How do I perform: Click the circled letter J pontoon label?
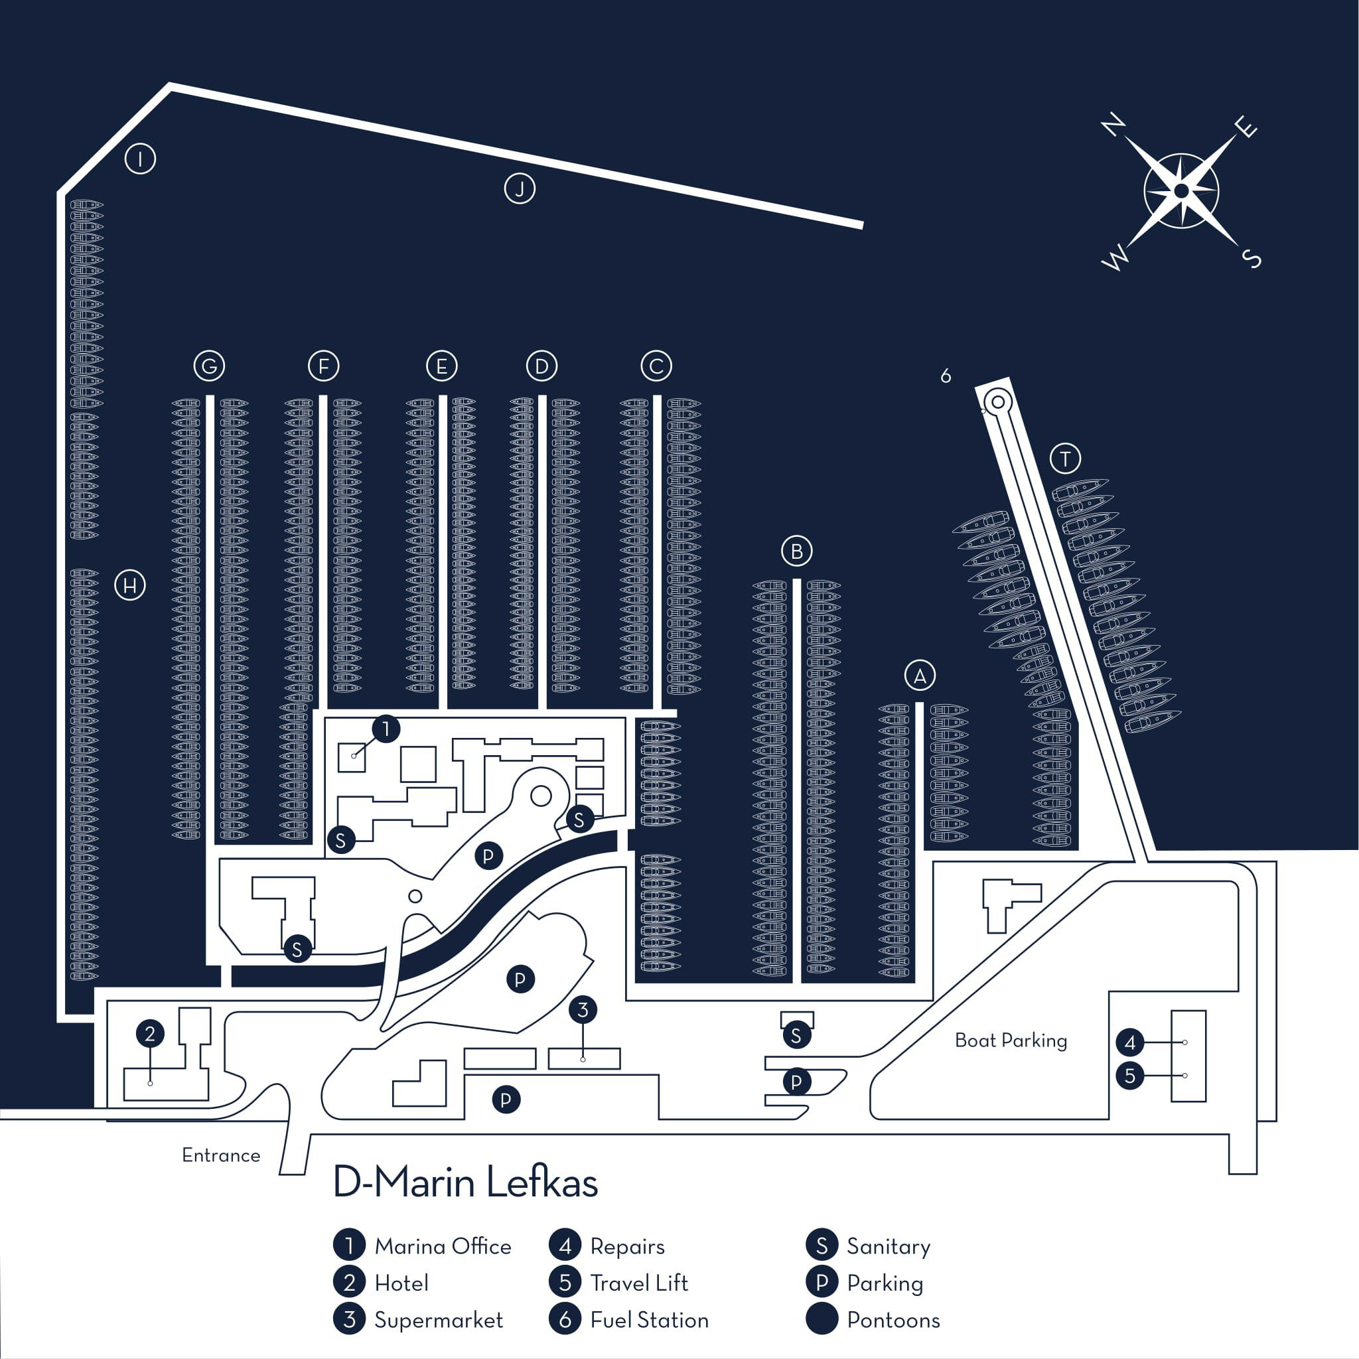click(x=520, y=188)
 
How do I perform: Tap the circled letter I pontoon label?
click(x=140, y=159)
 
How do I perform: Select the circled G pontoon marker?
click(x=209, y=366)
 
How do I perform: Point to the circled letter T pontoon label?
click(x=1065, y=459)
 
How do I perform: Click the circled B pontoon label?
click(x=796, y=551)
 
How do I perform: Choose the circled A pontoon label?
click(x=919, y=676)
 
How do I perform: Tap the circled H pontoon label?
click(x=130, y=585)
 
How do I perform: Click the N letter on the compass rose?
click(x=1113, y=126)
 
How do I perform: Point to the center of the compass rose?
click(x=1181, y=191)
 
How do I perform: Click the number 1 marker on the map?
click(x=386, y=729)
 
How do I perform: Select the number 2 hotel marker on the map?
click(x=150, y=1033)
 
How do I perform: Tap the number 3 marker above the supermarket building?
click(x=583, y=1010)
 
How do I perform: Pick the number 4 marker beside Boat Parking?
click(x=1129, y=1042)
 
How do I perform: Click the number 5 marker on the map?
click(x=1129, y=1076)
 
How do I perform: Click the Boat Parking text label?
click(x=1011, y=1040)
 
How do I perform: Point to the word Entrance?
click(x=221, y=1155)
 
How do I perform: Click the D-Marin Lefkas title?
click(x=465, y=1182)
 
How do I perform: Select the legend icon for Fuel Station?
click(x=565, y=1319)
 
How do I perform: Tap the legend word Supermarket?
click(x=438, y=1320)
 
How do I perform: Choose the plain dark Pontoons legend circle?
click(x=822, y=1319)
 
